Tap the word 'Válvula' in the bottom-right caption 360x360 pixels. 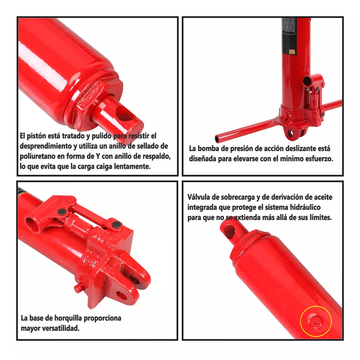pyautogui.click(x=199, y=197)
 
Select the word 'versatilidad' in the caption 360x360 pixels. pyautogui.click(x=60, y=328)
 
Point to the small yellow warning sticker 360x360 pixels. pyautogui.click(x=292, y=52)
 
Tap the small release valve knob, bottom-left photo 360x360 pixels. pyautogui.click(x=79, y=288)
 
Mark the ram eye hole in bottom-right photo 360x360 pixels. pyautogui.click(x=229, y=232)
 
